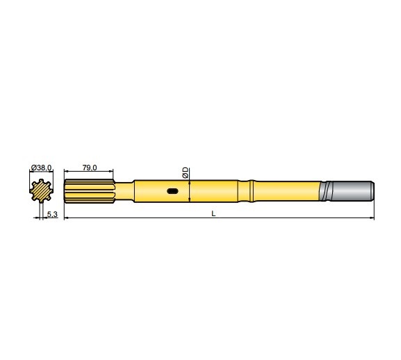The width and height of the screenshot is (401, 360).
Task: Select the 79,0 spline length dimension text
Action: [x=90, y=167]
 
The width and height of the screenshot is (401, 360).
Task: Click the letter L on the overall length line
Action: [x=213, y=214]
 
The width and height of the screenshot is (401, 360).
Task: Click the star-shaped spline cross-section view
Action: [x=43, y=190]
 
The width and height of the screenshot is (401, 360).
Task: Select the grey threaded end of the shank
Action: [x=351, y=191]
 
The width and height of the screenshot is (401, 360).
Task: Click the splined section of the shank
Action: [x=89, y=191]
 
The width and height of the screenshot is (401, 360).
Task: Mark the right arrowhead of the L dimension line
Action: [x=372, y=219]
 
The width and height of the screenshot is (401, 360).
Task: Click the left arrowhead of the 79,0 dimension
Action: [x=66, y=172]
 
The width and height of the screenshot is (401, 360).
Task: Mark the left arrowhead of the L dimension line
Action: [x=66, y=219]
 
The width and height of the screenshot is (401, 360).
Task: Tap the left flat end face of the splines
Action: [x=65, y=191]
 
